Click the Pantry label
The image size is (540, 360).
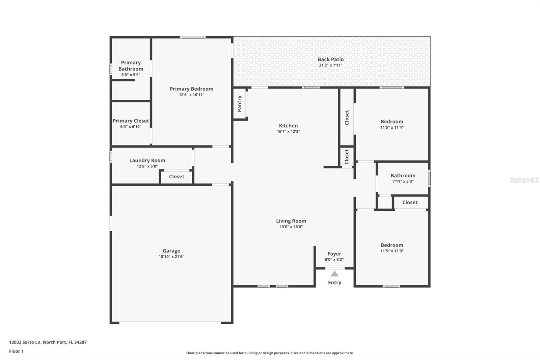[240, 104]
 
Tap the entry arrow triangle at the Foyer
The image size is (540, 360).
[334, 274]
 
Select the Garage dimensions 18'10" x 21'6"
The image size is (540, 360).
[171, 257]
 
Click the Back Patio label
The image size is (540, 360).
[330, 59]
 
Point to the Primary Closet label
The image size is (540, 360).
[131, 121]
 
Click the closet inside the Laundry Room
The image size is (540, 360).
[177, 177]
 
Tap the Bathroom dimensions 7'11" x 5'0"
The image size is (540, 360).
[403, 181]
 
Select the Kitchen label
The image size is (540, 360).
[288, 126]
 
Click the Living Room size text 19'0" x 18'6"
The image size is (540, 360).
[291, 227]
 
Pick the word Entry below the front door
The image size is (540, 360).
[334, 283]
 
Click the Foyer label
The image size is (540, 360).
[334, 254]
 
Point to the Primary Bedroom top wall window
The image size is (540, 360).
[192, 37]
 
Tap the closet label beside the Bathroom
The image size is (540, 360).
[410, 202]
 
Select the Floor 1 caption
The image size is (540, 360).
[16, 351]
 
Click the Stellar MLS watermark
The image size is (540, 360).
[524, 180]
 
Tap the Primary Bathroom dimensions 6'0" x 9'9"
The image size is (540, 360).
[131, 75]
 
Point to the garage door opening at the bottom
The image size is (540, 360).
[170, 323]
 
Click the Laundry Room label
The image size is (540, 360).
[147, 160]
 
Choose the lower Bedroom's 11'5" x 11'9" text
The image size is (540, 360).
[392, 251]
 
